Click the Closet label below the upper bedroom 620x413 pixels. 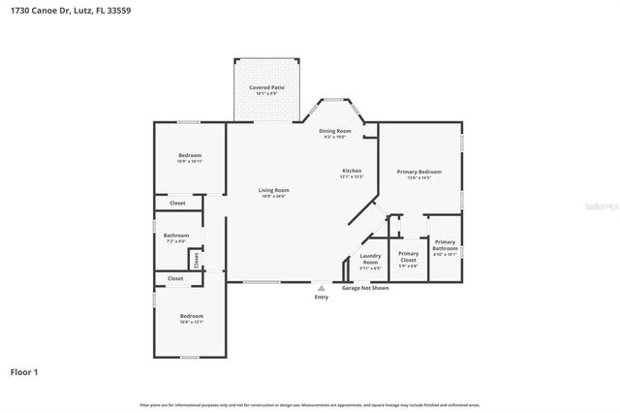[x=177, y=203]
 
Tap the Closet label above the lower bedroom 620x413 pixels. [x=175, y=278]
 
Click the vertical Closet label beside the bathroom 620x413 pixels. [x=196, y=259]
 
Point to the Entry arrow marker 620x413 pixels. [x=322, y=287]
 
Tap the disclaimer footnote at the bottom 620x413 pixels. [x=310, y=404]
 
